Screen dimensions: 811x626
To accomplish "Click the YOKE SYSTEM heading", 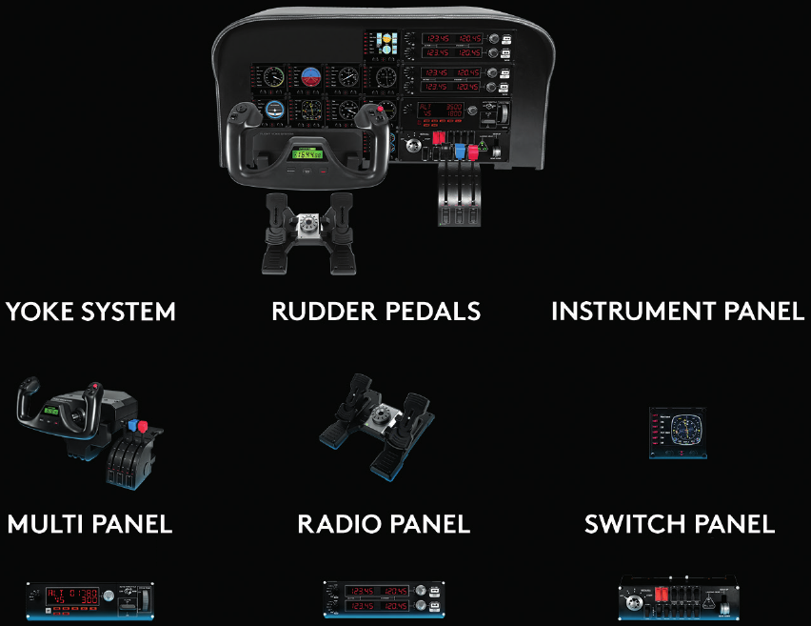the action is [x=90, y=312].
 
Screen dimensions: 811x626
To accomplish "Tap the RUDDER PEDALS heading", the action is [x=376, y=312].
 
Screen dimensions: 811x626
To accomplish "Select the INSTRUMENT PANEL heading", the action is [x=677, y=312].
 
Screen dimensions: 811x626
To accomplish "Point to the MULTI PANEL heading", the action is [x=89, y=523].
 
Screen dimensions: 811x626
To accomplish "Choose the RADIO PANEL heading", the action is [x=384, y=523].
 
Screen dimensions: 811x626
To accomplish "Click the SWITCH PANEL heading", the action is [x=680, y=523].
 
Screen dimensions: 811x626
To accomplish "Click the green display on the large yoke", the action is [x=307, y=152].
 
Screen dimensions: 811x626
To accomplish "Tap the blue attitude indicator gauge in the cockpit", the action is [x=311, y=78].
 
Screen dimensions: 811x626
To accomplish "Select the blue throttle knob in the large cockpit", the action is [x=460, y=151].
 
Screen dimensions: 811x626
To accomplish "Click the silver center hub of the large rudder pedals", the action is [x=307, y=225].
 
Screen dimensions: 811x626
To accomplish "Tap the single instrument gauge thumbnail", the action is [x=678, y=433].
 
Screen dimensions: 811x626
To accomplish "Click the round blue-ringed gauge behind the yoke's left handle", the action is [x=274, y=111].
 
